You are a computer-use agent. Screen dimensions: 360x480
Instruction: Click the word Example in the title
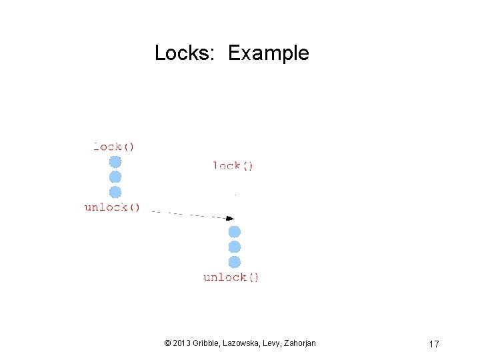[268, 54]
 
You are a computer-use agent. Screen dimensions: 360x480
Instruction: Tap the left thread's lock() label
[114, 147]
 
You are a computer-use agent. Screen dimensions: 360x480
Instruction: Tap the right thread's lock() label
[233, 165]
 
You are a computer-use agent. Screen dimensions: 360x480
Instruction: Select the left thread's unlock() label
[112, 207]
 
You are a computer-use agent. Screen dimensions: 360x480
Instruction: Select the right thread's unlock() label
[231, 277]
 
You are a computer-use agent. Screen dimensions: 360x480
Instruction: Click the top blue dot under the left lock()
[115, 162]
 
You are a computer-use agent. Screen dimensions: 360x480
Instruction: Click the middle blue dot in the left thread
[115, 177]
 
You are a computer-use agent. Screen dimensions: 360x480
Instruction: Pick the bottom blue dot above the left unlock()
[115, 192]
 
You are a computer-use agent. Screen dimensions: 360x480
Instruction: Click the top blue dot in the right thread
[235, 232]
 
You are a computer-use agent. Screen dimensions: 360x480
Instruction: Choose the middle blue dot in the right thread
[235, 247]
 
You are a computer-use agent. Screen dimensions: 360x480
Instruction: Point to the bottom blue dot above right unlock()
[235, 261]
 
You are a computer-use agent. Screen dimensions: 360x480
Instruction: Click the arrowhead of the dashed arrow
[230, 217]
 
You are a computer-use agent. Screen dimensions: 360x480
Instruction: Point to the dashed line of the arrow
[187, 214]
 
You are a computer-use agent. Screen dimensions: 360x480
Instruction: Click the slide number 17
[434, 344]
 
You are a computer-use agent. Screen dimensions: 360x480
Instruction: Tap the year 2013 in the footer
[181, 343]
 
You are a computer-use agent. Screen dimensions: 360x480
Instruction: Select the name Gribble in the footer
[208, 343]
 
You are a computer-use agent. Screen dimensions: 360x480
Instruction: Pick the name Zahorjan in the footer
[300, 343]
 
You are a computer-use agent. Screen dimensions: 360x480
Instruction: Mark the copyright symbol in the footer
[167, 343]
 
